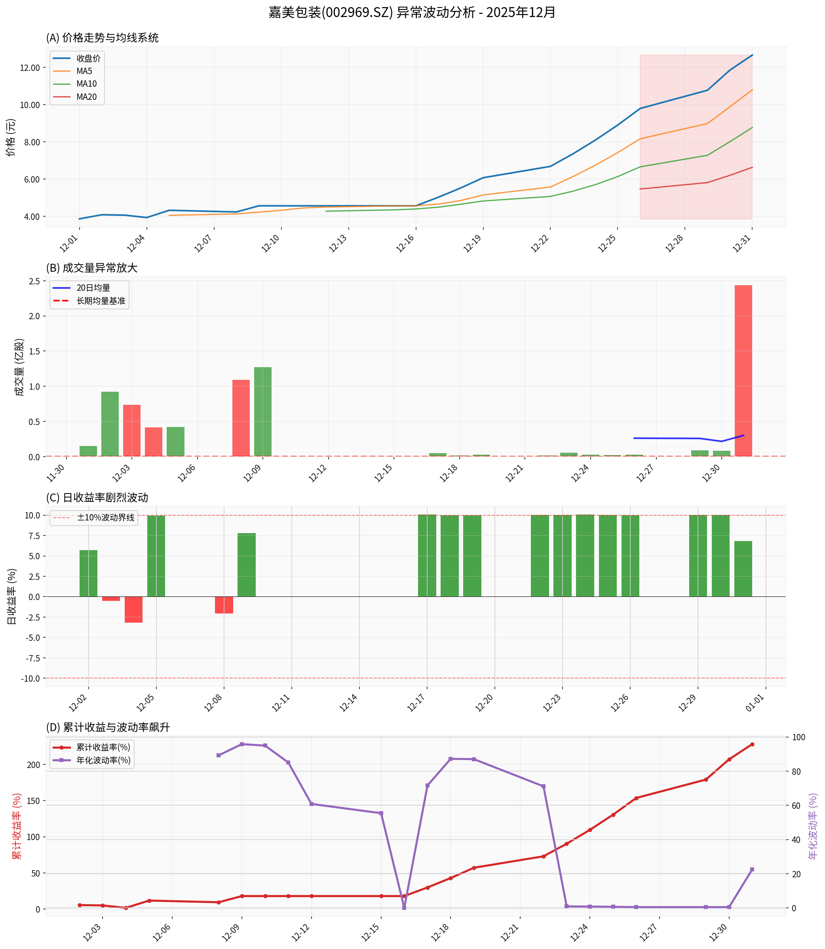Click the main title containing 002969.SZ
pyautogui.click(x=412, y=12)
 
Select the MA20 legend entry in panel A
pyautogui.click(x=87, y=97)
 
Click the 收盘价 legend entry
pyautogui.click(x=88, y=59)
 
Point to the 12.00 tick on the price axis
pyautogui.click(x=29, y=68)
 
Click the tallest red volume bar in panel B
pyautogui.click(x=743, y=371)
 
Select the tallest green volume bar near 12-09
pyautogui.click(x=262, y=412)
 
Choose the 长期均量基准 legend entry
pyautogui.click(x=101, y=301)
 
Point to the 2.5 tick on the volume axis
pyautogui.click(x=34, y=281)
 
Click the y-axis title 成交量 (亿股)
pyautogui.click(x=19, y=367)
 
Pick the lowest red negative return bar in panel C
pyautogui.click(x=133, y=610)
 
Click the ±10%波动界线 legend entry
pyautogui.click(x=105, y=518)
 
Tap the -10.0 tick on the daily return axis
pyautogui.click(x=30, y=678)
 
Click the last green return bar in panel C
pyautogui.click(x=743, y=569)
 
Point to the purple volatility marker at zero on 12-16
pyautogui.click(x=404, y=907)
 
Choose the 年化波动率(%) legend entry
pyautogui.click(x=103, y=760)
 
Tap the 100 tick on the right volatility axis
pyautogui.click(x=799, y=737)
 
